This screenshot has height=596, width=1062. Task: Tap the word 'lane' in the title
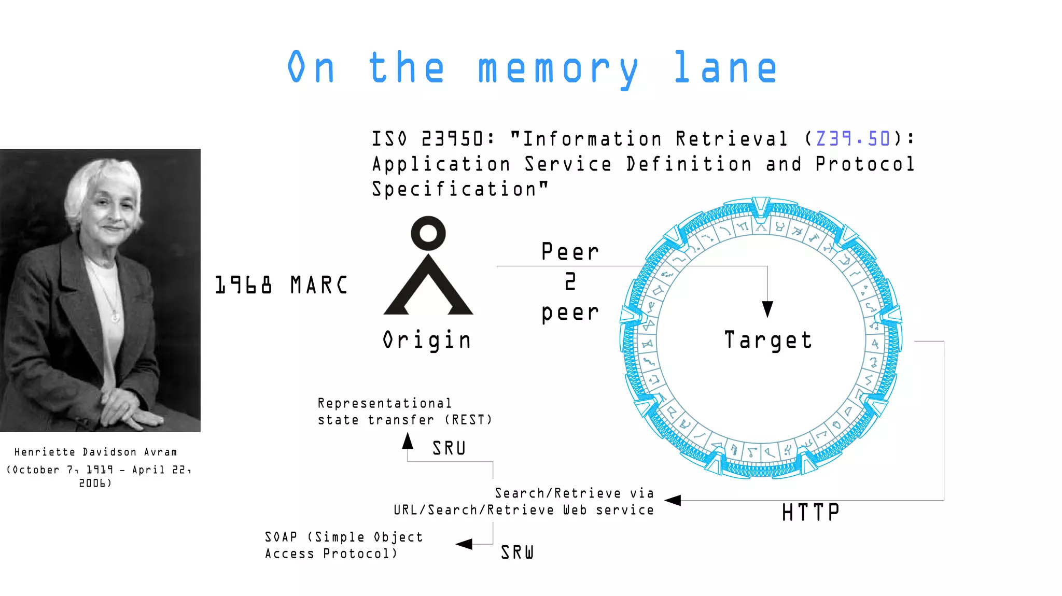pyautogui.click(x=725, y=68)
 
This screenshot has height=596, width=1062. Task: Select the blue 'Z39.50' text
pyautogui.click(x=853, y=138)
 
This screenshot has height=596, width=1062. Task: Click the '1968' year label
pyautogui.click(x=243, y=285)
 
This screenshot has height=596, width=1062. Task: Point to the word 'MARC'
pyautogui.click(x=318, y=285)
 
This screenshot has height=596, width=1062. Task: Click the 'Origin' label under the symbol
pyautogui.click(x=427, y=340)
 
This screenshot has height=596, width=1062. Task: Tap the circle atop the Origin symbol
pyautogui.click(x=428, y=233)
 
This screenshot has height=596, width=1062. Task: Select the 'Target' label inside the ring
pyautogui.click(x=768, y=340)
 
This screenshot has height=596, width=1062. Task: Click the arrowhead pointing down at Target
pyautogui.click(x=767, y=309)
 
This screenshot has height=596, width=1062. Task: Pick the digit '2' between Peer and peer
pyautogui.click(x=570, y=281)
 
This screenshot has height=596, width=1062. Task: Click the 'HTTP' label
pyautogui.click(x=811, y=513)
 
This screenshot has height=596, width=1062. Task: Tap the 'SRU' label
pyautogui.click(x=449, y=448)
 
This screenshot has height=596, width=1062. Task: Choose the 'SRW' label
pyautogui.click(x=517, y=552)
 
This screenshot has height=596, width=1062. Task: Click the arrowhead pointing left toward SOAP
pyautogui.click(x=464, y=544)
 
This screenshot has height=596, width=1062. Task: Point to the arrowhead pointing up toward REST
pyautogui.click(x=408, y=441)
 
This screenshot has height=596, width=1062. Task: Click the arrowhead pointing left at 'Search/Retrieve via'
pyautogui.click(x=673, y=500)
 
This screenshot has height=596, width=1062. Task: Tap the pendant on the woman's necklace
pyautogui.click(x=115, y=316)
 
